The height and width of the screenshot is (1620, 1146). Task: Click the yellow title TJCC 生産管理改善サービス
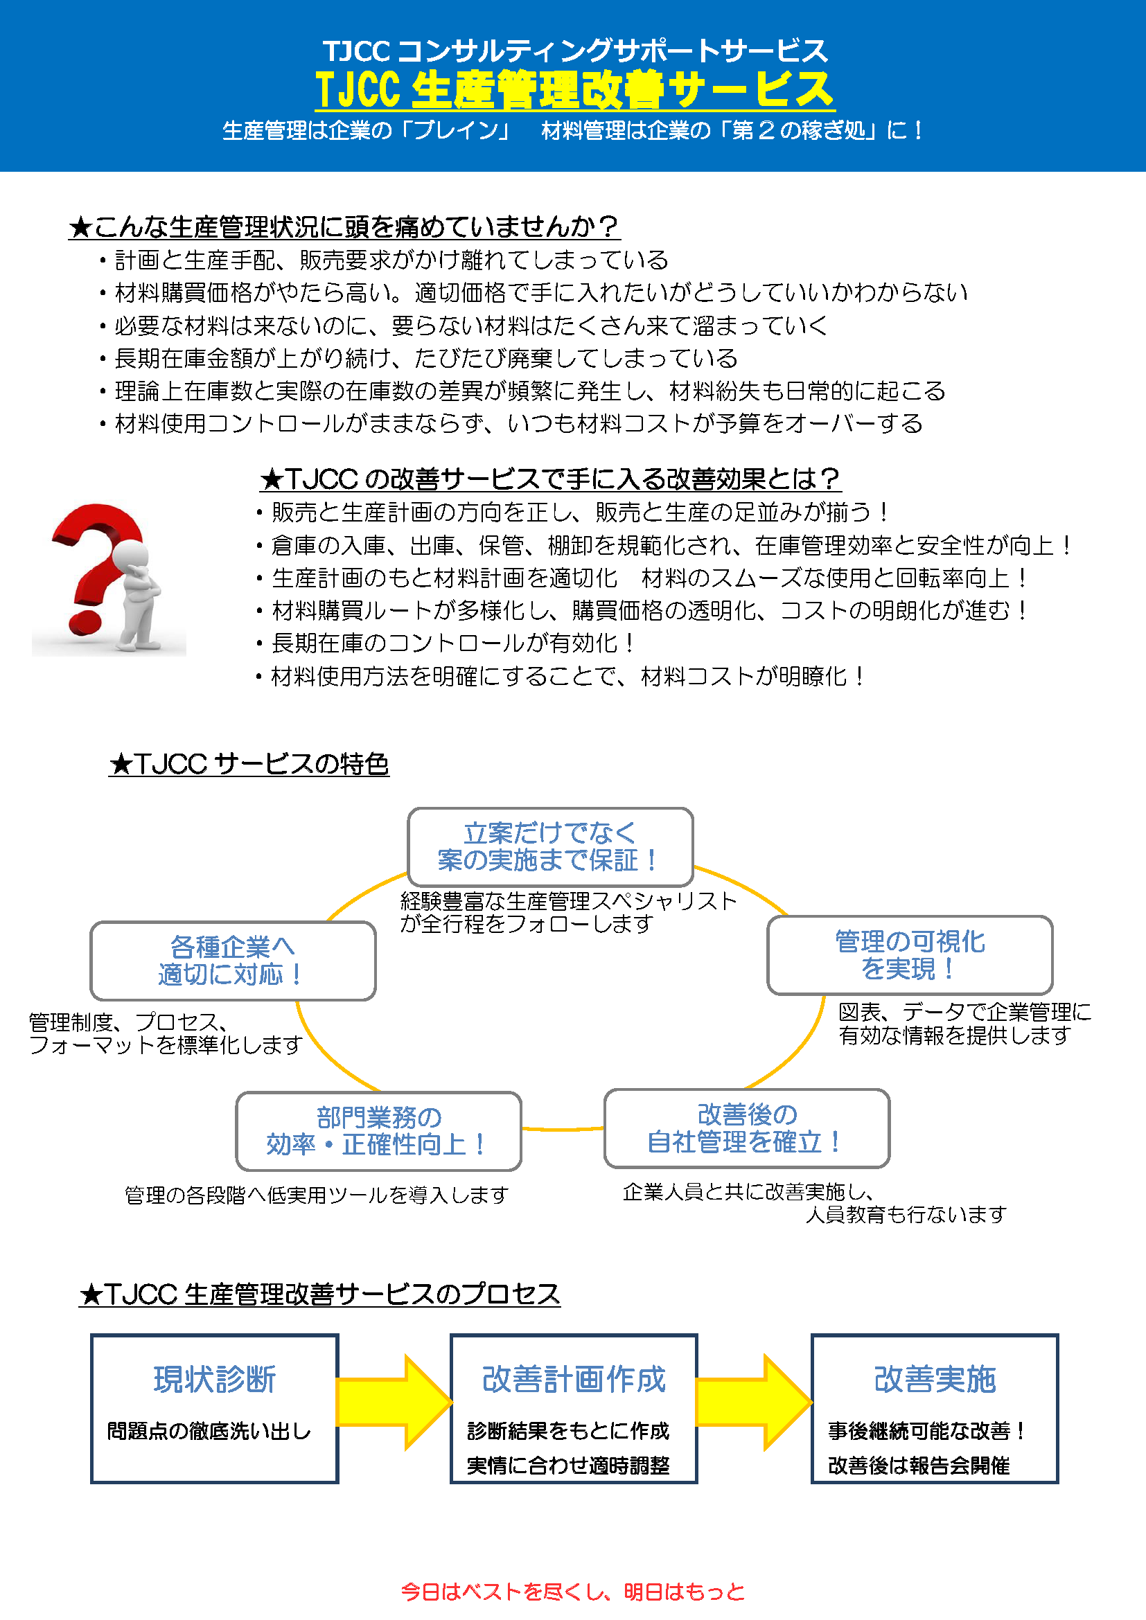click(574, 89)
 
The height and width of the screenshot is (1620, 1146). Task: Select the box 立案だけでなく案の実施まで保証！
click(550, 846)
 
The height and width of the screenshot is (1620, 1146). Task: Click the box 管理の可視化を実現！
click(910, 955)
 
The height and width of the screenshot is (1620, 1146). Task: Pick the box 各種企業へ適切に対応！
click(233, 960)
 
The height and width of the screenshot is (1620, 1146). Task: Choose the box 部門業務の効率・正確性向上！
click(378, 1131)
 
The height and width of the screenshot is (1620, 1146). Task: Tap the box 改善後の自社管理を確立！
click(747, 1128)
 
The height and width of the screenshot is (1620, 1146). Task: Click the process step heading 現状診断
click(215, 1380)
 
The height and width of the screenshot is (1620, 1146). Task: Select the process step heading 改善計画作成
click(574, 1380)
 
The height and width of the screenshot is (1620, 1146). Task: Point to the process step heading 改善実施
click(934, 1380)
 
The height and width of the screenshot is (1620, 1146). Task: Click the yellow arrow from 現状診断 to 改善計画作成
click(394, 1402)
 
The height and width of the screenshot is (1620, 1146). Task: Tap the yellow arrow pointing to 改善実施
click(755, 1402)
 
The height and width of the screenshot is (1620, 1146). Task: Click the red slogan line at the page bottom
click(573, 1592)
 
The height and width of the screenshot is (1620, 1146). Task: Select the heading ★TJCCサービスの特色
click(249, 763)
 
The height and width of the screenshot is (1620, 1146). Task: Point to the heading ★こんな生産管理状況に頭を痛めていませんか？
click(344, 226)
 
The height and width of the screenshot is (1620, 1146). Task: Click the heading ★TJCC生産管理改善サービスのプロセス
click(319, 1294)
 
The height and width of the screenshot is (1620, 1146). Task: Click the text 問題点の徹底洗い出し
click(209, 1431)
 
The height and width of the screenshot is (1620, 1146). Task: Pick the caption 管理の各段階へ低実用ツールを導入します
click(317, 1195)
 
